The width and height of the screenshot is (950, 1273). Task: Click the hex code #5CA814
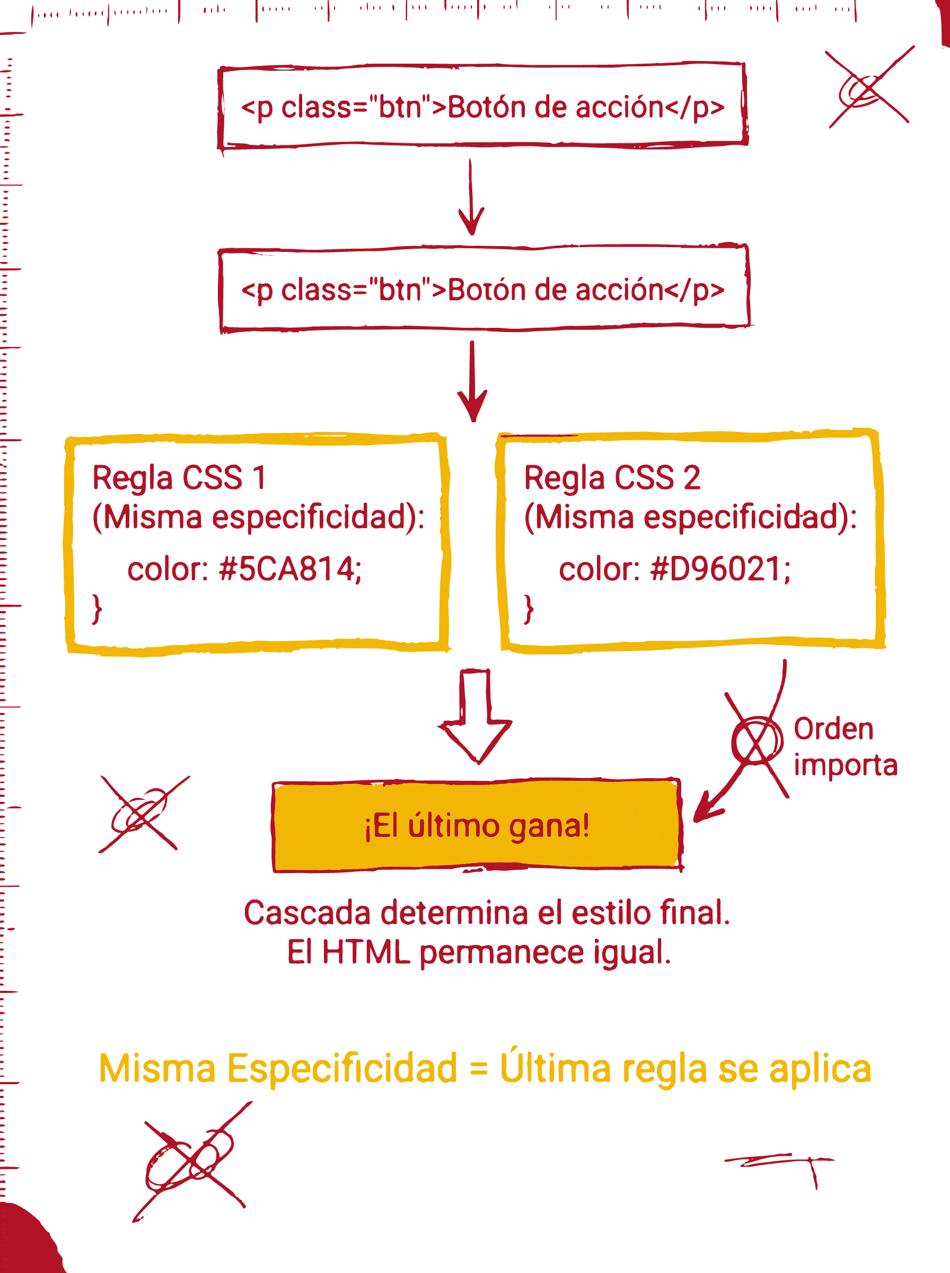[x=290, y=570]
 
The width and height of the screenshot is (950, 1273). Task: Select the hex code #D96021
[x=719, y=570]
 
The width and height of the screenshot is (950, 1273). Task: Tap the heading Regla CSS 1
[x=179, y=477]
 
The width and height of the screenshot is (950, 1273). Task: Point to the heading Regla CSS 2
[x=612, y=477]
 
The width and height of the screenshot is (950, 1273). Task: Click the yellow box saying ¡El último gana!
[x=476, y=826]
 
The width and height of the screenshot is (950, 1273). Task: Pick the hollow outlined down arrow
[x=475, y=719]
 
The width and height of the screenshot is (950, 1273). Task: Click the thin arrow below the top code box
[x=471, y=198]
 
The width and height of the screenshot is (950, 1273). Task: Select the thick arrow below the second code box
[x=472, y=382]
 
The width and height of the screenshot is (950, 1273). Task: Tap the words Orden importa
[x=844, y=747]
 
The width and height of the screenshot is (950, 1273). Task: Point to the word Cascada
[x=307, y=913]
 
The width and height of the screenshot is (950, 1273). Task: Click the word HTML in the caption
[x=366, y=952]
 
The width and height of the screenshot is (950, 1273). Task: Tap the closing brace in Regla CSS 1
[x=97, y=609]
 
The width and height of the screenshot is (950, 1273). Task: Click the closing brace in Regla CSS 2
[x=529, y=609]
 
